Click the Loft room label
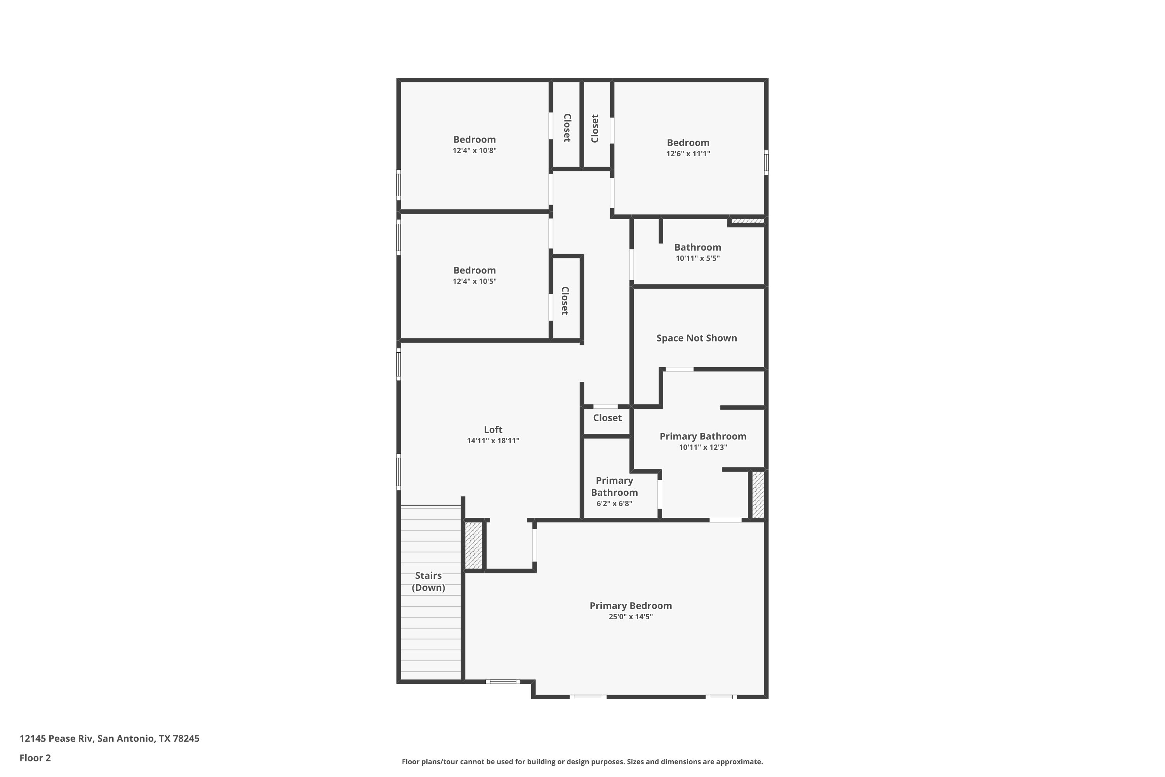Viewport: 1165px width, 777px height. tap(493, 430)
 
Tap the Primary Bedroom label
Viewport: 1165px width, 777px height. tap(631, 606)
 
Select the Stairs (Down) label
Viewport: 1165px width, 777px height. tap(428, 581)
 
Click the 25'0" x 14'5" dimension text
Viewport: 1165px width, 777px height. tap(631, 617)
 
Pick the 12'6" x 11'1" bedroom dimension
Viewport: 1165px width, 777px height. tap(688, 153)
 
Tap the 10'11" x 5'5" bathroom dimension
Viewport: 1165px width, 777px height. tap(697, 258)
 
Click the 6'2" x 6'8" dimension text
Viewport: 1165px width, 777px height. tap(614, 503)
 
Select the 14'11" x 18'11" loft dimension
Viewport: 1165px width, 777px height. tap(493, 441)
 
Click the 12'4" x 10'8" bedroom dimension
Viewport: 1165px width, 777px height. tap(475, 151)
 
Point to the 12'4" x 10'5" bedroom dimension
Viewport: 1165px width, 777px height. tap(475, 281)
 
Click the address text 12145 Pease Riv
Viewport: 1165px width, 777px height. tap(56, 739)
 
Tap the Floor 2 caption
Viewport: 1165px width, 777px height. tap(35, 758)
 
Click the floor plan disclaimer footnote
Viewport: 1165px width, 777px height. tap(582, 761)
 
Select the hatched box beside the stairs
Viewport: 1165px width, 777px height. tap(473, 545)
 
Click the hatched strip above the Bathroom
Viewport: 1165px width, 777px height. tap(748, 221)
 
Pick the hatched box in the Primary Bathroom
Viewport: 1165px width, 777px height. tap(758, 495)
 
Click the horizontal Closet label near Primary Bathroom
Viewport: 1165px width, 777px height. tap(607, 418)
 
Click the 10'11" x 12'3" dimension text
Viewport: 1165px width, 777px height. tap(703, 448)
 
